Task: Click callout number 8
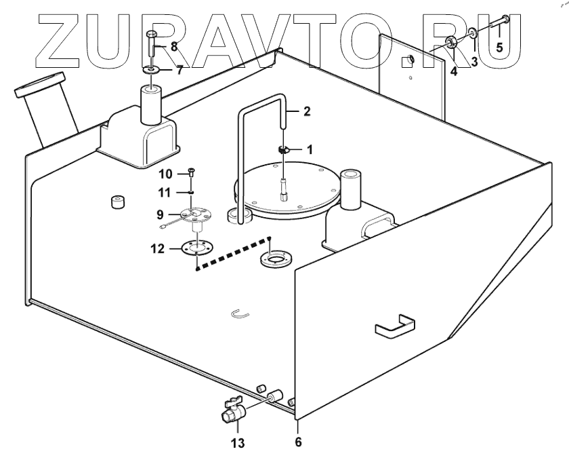pos(174,47)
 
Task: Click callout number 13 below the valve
pos(237,444)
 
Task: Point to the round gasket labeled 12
pos(195,248)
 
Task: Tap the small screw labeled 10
pos(193,173)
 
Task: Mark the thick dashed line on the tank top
pos(232,254)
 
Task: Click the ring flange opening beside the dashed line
pos(276,259)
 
